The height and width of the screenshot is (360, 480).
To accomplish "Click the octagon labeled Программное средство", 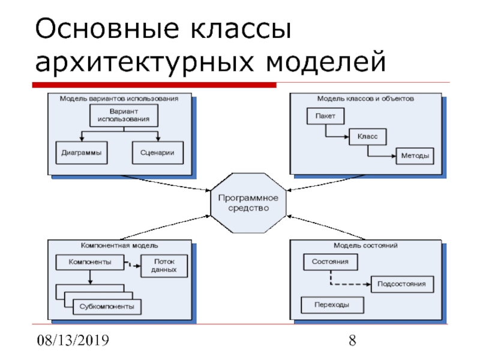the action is coord(248,203).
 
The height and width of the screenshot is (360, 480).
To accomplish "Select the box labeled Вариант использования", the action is coord(124,115).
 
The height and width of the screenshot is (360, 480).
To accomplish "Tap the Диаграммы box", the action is coord(82,152).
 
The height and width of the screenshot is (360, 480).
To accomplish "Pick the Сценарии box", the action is coord(158,152).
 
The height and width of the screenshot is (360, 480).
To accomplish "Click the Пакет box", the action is coord(325,116).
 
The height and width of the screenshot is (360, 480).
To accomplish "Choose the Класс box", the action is coord(368,137).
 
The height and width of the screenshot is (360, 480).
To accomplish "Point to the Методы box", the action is coord(415,156).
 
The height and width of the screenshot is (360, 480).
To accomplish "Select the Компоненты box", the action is coord(90,262).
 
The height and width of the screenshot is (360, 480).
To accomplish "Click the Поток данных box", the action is coord(164,266).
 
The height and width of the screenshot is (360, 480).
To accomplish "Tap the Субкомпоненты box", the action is coord(107,307).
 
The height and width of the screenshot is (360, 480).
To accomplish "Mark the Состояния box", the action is coord(331,262).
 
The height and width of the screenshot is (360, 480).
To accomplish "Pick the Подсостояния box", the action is coord(402,284).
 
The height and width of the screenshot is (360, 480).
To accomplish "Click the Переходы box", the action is coord(332,305).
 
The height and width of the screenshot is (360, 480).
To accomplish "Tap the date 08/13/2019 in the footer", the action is coord(73,340).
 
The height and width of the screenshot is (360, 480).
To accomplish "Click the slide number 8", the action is coord(352,340).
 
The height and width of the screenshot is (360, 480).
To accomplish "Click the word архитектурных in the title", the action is coord(145,62).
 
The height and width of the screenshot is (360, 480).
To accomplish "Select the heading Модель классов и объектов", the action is coord(365,98).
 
